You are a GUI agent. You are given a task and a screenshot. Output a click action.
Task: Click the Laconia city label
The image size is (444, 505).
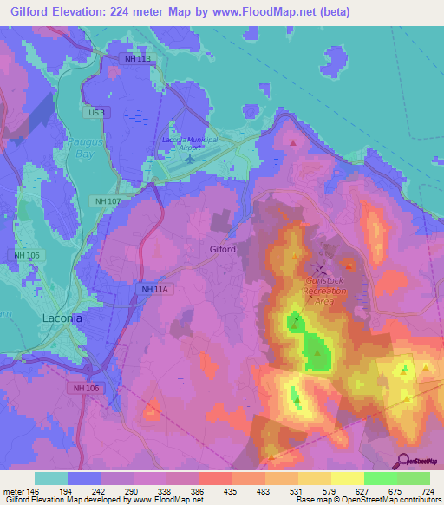62,318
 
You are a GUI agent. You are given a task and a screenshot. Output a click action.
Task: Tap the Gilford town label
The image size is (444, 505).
223,250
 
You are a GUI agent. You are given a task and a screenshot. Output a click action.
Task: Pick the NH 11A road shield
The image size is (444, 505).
153,289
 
